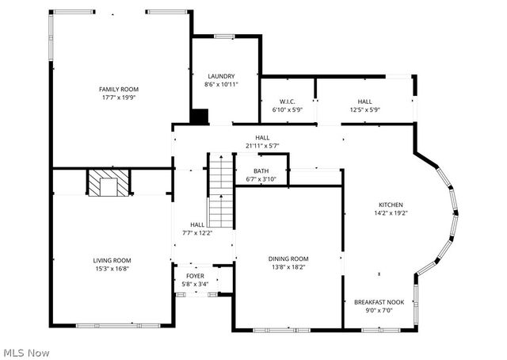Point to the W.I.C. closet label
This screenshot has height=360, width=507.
(x=287, y=101)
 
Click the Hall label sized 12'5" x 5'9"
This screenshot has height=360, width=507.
(x=364, y=101)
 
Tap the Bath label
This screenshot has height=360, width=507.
(x=261, y=171)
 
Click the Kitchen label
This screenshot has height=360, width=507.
(x=391, y=204)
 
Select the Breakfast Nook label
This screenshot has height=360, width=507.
(x=379, y=302)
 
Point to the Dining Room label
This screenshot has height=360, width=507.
(x=288, y=259)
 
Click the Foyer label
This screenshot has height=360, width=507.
(x=194, y=276)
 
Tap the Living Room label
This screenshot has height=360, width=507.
(x=112, y=260)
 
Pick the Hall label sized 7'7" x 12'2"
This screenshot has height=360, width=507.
(x=197, y=225)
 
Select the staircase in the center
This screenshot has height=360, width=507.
(x=219, y=190)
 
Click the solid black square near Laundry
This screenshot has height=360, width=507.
(x=199, y=117)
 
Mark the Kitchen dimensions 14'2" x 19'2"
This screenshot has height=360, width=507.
(x=391, y=213)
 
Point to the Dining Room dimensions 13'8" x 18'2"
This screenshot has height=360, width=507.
(x=288, y=267)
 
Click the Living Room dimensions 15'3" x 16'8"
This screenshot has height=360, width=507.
(x=112, y=269)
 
